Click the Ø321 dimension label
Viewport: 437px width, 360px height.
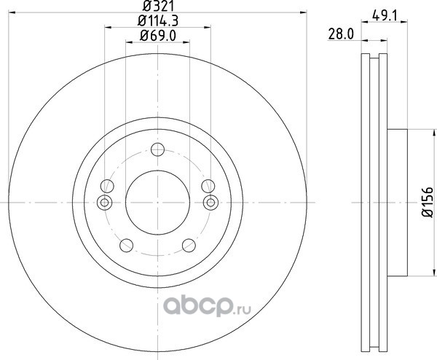[x=158, y=6]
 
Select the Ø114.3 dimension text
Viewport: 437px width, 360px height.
[x=158, y=20]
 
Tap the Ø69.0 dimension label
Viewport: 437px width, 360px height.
[x=158, y=36]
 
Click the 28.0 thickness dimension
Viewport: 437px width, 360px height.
[x=341, y=34]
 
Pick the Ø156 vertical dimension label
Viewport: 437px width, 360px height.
[x=428, y=202]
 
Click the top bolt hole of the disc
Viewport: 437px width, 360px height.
[x=157, y=149]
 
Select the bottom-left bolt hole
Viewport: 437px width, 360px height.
[x=126, y=246]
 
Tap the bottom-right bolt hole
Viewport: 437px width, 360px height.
[x=189, y=246]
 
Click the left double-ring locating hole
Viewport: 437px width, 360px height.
[x=104, y=203]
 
